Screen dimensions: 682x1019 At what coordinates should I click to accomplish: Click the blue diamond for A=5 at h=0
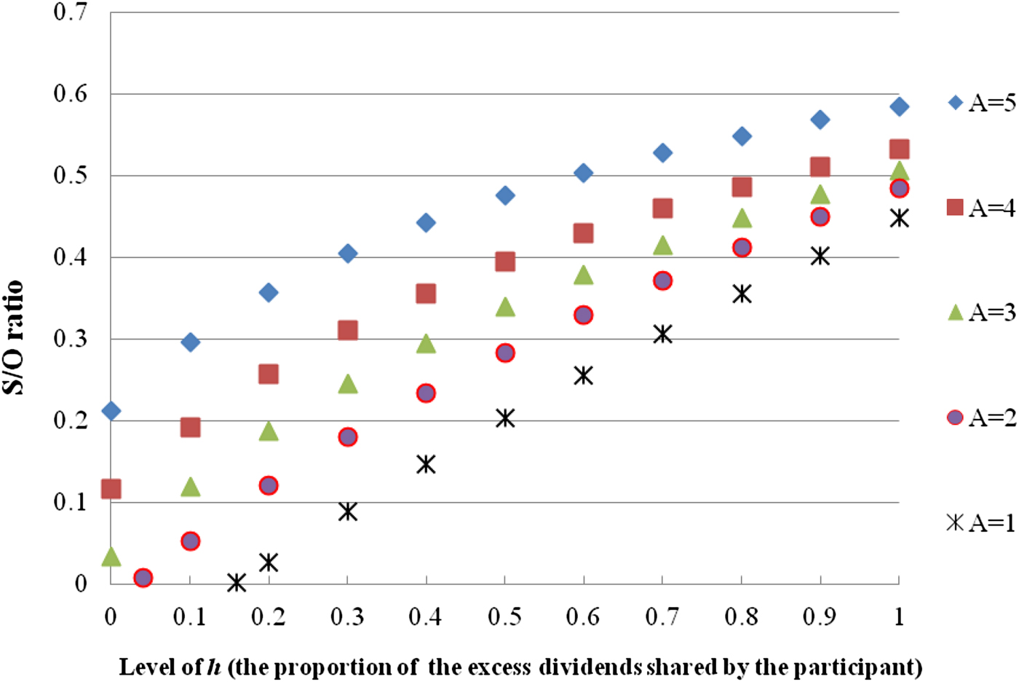click(111, 411)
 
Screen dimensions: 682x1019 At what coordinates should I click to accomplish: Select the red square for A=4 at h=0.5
click(505, 262)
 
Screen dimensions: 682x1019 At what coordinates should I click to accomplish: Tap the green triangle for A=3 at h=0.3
click(348, 384)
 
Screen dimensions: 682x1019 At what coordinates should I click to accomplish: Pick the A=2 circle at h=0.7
click(662, 281)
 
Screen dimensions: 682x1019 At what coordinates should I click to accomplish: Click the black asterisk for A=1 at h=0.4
click(426, 464)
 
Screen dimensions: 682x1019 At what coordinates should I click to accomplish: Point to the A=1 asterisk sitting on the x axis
click(237, 582)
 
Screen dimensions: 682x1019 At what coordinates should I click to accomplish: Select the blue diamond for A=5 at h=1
click(899, 106)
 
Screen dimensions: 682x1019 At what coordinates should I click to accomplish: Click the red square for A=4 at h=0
click(111, 488)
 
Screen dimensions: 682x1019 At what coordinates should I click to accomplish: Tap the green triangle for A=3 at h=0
click(111, 557)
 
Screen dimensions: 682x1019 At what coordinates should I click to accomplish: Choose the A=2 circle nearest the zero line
click(143, 578)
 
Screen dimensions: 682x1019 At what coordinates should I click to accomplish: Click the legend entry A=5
click(982, 103)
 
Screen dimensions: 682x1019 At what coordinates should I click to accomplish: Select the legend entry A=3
click(982, 313)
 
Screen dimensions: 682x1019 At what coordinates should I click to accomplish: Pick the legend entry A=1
click(982, 522)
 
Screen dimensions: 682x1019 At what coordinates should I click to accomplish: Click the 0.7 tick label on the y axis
click(71, 12)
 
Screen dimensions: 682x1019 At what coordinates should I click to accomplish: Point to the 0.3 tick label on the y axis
click(71, 339)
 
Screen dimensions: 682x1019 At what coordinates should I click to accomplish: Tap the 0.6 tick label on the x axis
click(583, 617)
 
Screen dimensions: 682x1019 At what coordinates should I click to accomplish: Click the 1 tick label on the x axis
click(899, 617)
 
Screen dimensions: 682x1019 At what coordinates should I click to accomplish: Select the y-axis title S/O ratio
click(13, 337)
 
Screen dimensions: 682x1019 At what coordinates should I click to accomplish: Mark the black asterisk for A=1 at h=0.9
click(820, 256)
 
